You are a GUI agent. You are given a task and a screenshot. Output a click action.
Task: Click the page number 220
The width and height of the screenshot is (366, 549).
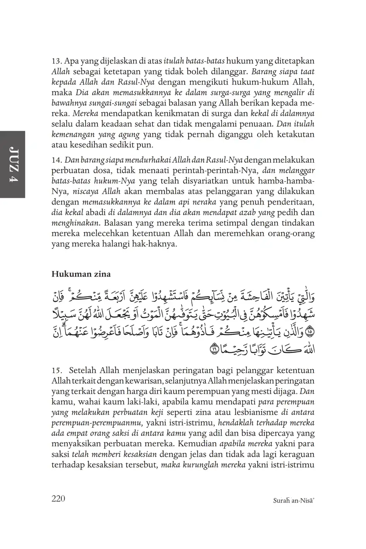[x=58, y=498]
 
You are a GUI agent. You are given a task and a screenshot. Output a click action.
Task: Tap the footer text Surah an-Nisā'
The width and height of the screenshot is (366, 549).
[x=293, y=500]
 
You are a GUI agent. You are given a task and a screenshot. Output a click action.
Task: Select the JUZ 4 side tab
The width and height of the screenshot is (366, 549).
[x=12, y=164]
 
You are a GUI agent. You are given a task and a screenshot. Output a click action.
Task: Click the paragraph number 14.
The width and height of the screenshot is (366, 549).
[x=57, y=160]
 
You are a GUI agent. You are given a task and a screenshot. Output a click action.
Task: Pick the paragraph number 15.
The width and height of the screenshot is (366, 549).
[x=57, y=371]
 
